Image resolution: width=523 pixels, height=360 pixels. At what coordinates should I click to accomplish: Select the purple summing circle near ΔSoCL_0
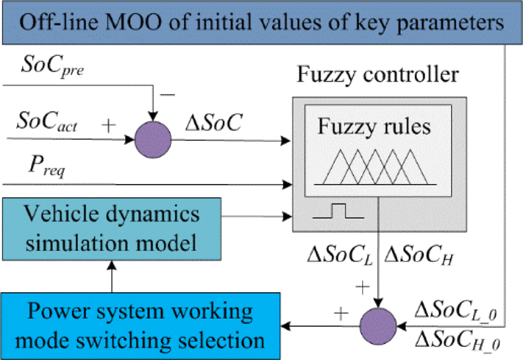pos(378,323)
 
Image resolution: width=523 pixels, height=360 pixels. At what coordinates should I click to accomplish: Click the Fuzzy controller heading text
pos(377,75)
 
